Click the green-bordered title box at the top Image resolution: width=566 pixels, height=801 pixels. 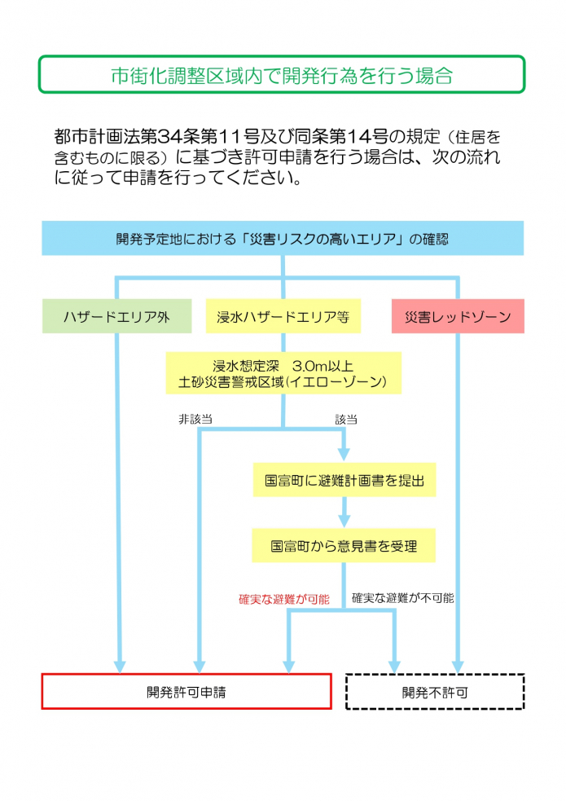click(x=282, y=75)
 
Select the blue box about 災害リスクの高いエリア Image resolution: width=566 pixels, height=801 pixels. click(x=282, y=239)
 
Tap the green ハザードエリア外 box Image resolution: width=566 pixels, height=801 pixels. click(x=116, y=316)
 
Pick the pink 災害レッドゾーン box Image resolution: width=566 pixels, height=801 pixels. click(x=457, y=316)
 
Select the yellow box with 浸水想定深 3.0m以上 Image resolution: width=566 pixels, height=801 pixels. click(x=283, y=372)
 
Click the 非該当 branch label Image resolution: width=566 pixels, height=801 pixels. click(x=195, y=419)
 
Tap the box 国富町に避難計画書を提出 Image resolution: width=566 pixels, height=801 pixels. click(x=344, y=480)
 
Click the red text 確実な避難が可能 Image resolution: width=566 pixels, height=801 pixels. click(x=283, y=599)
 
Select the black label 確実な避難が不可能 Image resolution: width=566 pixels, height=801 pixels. click(x=402, y=598)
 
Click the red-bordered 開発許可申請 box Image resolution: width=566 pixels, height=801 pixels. click(x=186, y=692)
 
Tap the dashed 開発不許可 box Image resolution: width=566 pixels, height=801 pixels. click(x=435, y=692)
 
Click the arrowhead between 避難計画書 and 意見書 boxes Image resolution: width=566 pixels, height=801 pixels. click(x=344, y=521)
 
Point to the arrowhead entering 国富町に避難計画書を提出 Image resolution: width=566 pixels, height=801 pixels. click(x=344, y=456)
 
